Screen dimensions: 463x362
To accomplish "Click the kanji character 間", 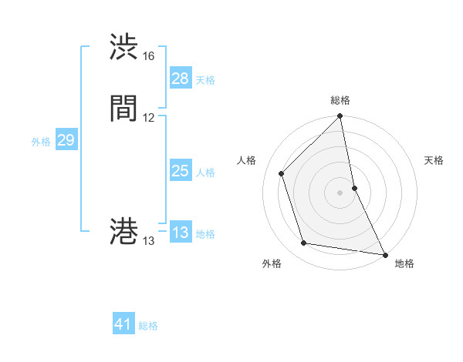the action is (x=124, y=109).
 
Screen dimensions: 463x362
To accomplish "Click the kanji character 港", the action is (x=124, y=232).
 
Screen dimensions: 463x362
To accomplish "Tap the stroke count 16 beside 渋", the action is (x=149, y=56).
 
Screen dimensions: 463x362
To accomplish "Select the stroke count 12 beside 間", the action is (x=149, y=118).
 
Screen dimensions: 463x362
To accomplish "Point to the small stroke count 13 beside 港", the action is (x=149, y=241).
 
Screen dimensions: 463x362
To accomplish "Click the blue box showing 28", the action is (x=180, y=79).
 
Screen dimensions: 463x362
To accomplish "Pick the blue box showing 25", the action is (x=180, y=171).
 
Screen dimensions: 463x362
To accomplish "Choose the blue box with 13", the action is (x=180, y=233).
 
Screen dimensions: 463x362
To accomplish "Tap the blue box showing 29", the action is (x=66, y=140).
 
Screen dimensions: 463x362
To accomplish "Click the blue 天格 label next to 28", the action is (x=205, y=80).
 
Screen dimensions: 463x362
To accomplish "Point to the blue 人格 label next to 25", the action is (x=205, y=173).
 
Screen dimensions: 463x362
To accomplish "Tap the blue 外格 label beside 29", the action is (x=41, y=142).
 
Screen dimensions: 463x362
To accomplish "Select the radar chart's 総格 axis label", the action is (x=340, y=100).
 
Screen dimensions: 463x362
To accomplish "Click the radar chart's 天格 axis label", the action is (x=434, y=160).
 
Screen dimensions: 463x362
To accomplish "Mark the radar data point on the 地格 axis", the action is (x=384, y=253).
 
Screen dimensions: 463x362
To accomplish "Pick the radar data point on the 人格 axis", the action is (x=282, y=173).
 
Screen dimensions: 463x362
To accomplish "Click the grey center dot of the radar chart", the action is (x=340, y=192).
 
